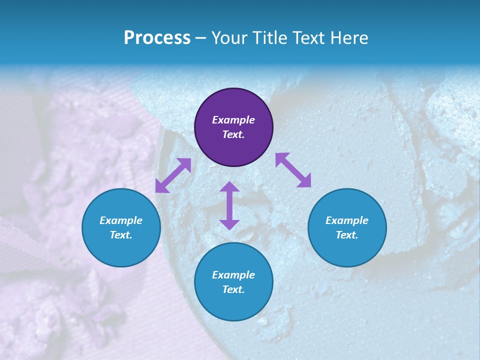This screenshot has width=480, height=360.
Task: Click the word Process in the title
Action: click(x=157, y=38)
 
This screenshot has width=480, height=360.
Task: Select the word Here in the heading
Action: click(x=348, y=38)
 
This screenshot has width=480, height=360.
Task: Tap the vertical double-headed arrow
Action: click(x=229, y=205)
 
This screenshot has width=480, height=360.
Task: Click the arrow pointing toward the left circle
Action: click(x=173, y=175)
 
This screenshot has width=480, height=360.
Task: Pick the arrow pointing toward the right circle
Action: click(x=293, y=170)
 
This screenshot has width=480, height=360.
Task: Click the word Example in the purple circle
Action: click(x=233, y=120)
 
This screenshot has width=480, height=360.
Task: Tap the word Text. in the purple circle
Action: click(x=233, y=134)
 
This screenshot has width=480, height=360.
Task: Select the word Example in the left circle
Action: click(x=121, y=220)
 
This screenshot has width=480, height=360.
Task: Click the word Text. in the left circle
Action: click(x=121, y=235)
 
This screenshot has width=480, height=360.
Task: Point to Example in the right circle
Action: click(x=347, y=220)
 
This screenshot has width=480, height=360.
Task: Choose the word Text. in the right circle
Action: click(x=347, y=235)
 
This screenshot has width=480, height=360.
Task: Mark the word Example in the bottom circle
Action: click(x=233, y=275)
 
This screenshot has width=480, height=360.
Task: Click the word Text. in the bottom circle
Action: click(x=233, y=289)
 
